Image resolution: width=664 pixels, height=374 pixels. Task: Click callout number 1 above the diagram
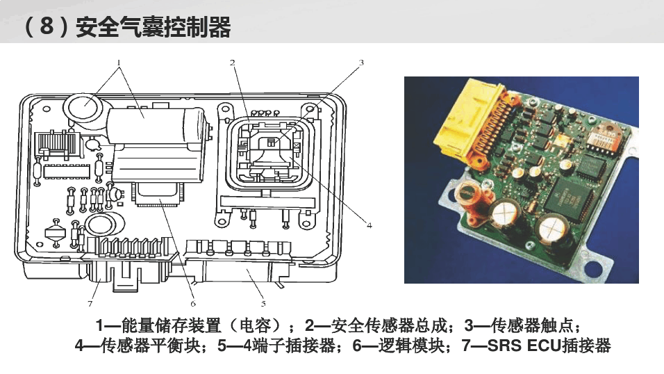coord(119,63)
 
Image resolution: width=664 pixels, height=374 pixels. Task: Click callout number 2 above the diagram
coord(233,63)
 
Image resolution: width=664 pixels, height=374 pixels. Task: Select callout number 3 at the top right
coord(361,63)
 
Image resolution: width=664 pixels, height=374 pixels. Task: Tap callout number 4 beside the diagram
coord(370,225)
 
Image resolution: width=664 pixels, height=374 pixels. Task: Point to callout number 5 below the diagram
coord(263,304)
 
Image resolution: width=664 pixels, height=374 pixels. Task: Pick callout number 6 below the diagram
coord(193,304)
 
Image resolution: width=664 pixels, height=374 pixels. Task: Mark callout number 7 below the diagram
coord(90,304)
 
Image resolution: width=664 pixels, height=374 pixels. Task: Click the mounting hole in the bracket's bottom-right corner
coord(594,268)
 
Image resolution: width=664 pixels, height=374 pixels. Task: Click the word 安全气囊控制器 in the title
coord(153,27)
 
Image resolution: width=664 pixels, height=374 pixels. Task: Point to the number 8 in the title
coord(46,26)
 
